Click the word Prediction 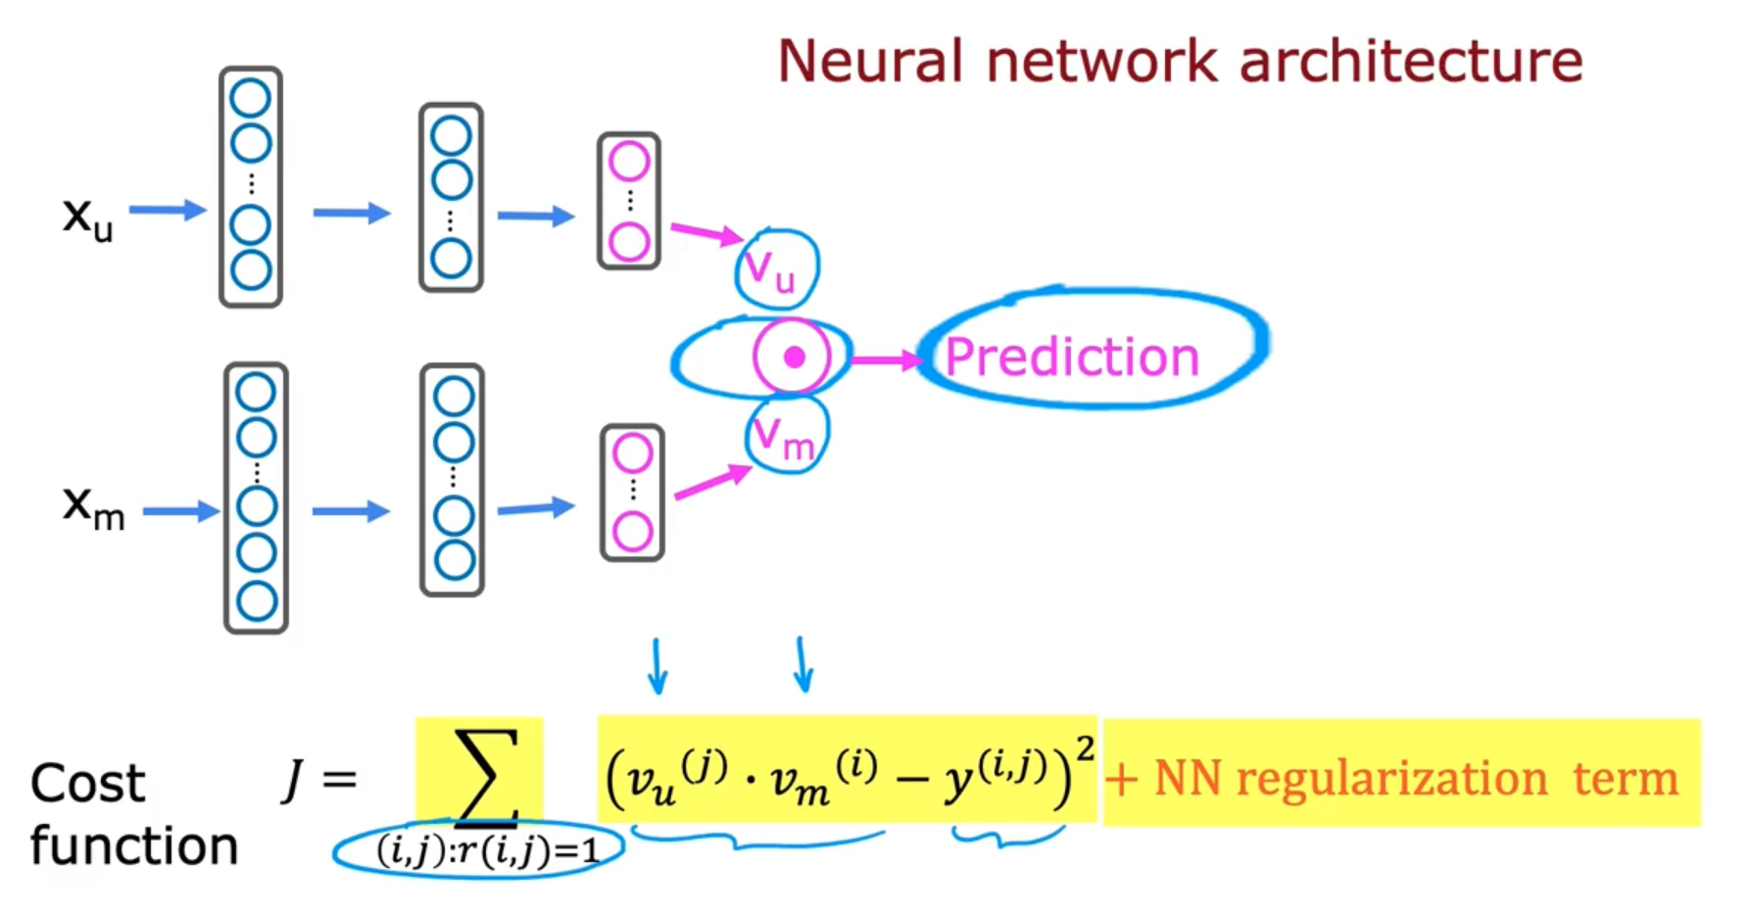[1072, 357]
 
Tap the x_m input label [93, 507]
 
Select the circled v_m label [785, 437]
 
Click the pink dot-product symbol [793, 358]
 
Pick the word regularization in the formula [1391, 780]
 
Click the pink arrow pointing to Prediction [886, 361]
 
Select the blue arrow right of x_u [168, 210]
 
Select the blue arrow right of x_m [180, 510]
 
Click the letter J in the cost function [292, 781]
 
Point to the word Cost [88, 784]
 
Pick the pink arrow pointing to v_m [712, 482]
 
